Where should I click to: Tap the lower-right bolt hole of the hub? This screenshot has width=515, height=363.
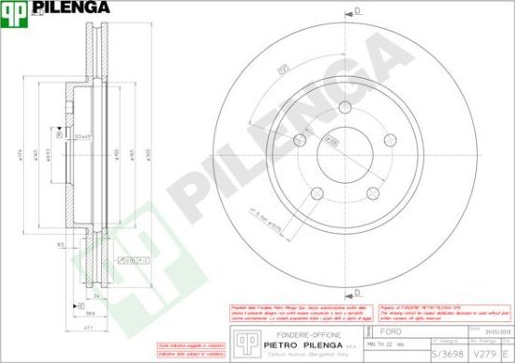[x=374, y=193]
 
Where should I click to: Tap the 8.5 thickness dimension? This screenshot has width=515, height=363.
[x=60, y=244]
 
